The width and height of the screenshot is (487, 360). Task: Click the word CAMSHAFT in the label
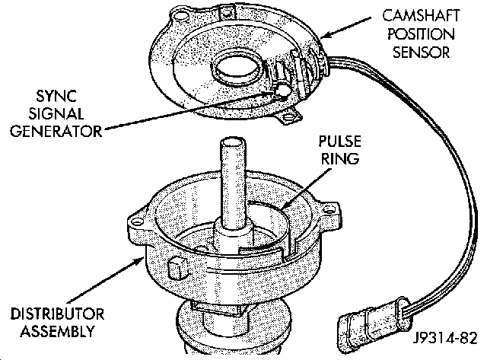[x=421, y=16]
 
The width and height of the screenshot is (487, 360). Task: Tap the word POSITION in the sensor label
[x=421, y=33]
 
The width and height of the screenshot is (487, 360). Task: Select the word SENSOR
[x=421, y=52]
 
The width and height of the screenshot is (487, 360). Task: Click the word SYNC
[x=56, y=96]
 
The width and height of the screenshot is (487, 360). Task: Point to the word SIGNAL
[x=56, y=113]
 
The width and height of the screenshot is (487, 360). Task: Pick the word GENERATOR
[x=56, y=131]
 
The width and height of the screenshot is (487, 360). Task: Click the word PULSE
[x=340, y=142]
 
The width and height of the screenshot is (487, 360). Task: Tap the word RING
[x=340, y=159]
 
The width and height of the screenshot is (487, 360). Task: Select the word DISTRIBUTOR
[x=58, y=314]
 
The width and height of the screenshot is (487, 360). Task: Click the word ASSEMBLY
[x=58, y=331]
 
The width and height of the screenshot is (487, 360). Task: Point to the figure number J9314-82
[x=445, y=338]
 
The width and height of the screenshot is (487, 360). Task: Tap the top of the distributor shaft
[x=232, y=142]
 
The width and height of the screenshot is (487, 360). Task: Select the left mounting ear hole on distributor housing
[x=135, y=222]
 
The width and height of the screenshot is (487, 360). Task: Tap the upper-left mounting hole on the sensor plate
[x=180, y=15]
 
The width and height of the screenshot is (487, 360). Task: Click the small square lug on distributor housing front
[x=177, y=268]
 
